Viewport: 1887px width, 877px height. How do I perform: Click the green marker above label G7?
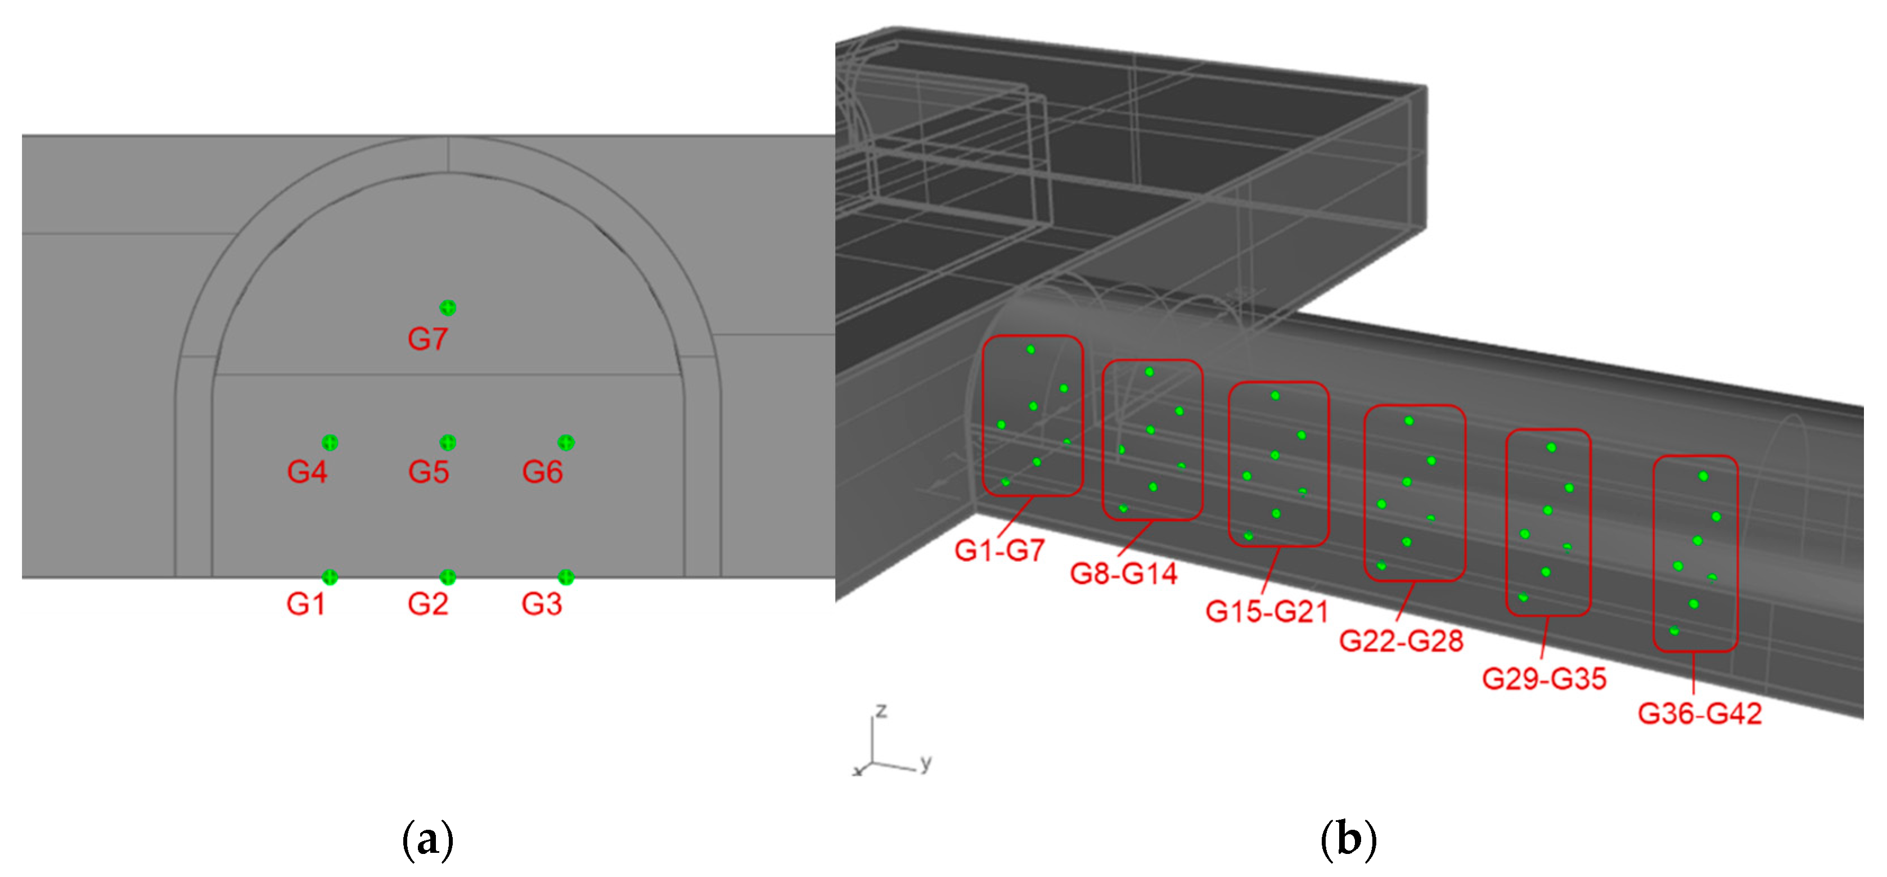point(448,308)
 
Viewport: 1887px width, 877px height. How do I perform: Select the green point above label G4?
point(330,442)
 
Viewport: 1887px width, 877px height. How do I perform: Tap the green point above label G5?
point(448,442)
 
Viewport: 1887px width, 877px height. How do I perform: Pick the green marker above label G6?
point(565,442)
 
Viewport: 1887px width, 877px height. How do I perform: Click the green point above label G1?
point(330,577)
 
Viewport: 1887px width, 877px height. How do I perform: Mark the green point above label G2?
point(448,577)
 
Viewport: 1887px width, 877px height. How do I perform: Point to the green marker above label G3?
point(565,577)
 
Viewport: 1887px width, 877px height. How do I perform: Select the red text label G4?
point(307,472)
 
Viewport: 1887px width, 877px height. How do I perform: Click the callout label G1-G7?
point(999,550)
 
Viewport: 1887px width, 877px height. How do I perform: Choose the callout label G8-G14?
point(1124,574)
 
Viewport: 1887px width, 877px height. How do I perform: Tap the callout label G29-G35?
point(1544,679)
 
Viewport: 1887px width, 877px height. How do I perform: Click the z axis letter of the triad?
point(881,710)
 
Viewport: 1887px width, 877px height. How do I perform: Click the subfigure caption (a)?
point(428,840)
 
